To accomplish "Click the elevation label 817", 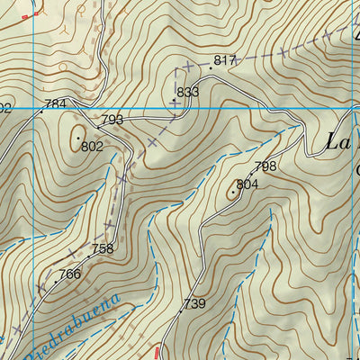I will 224,60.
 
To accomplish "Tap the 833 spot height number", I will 187,93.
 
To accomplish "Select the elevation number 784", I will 55,104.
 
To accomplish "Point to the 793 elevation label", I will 112,120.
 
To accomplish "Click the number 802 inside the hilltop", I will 91,146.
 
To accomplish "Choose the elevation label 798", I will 265,166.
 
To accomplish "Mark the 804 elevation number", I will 247,184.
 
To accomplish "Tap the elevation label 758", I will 103,248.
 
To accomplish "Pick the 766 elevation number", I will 69,274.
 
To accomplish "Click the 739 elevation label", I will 194,305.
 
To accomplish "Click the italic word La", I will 339,141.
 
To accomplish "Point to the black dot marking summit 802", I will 78,137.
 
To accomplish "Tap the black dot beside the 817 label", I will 211,67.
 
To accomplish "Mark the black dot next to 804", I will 233,191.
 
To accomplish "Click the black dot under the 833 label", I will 174,100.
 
